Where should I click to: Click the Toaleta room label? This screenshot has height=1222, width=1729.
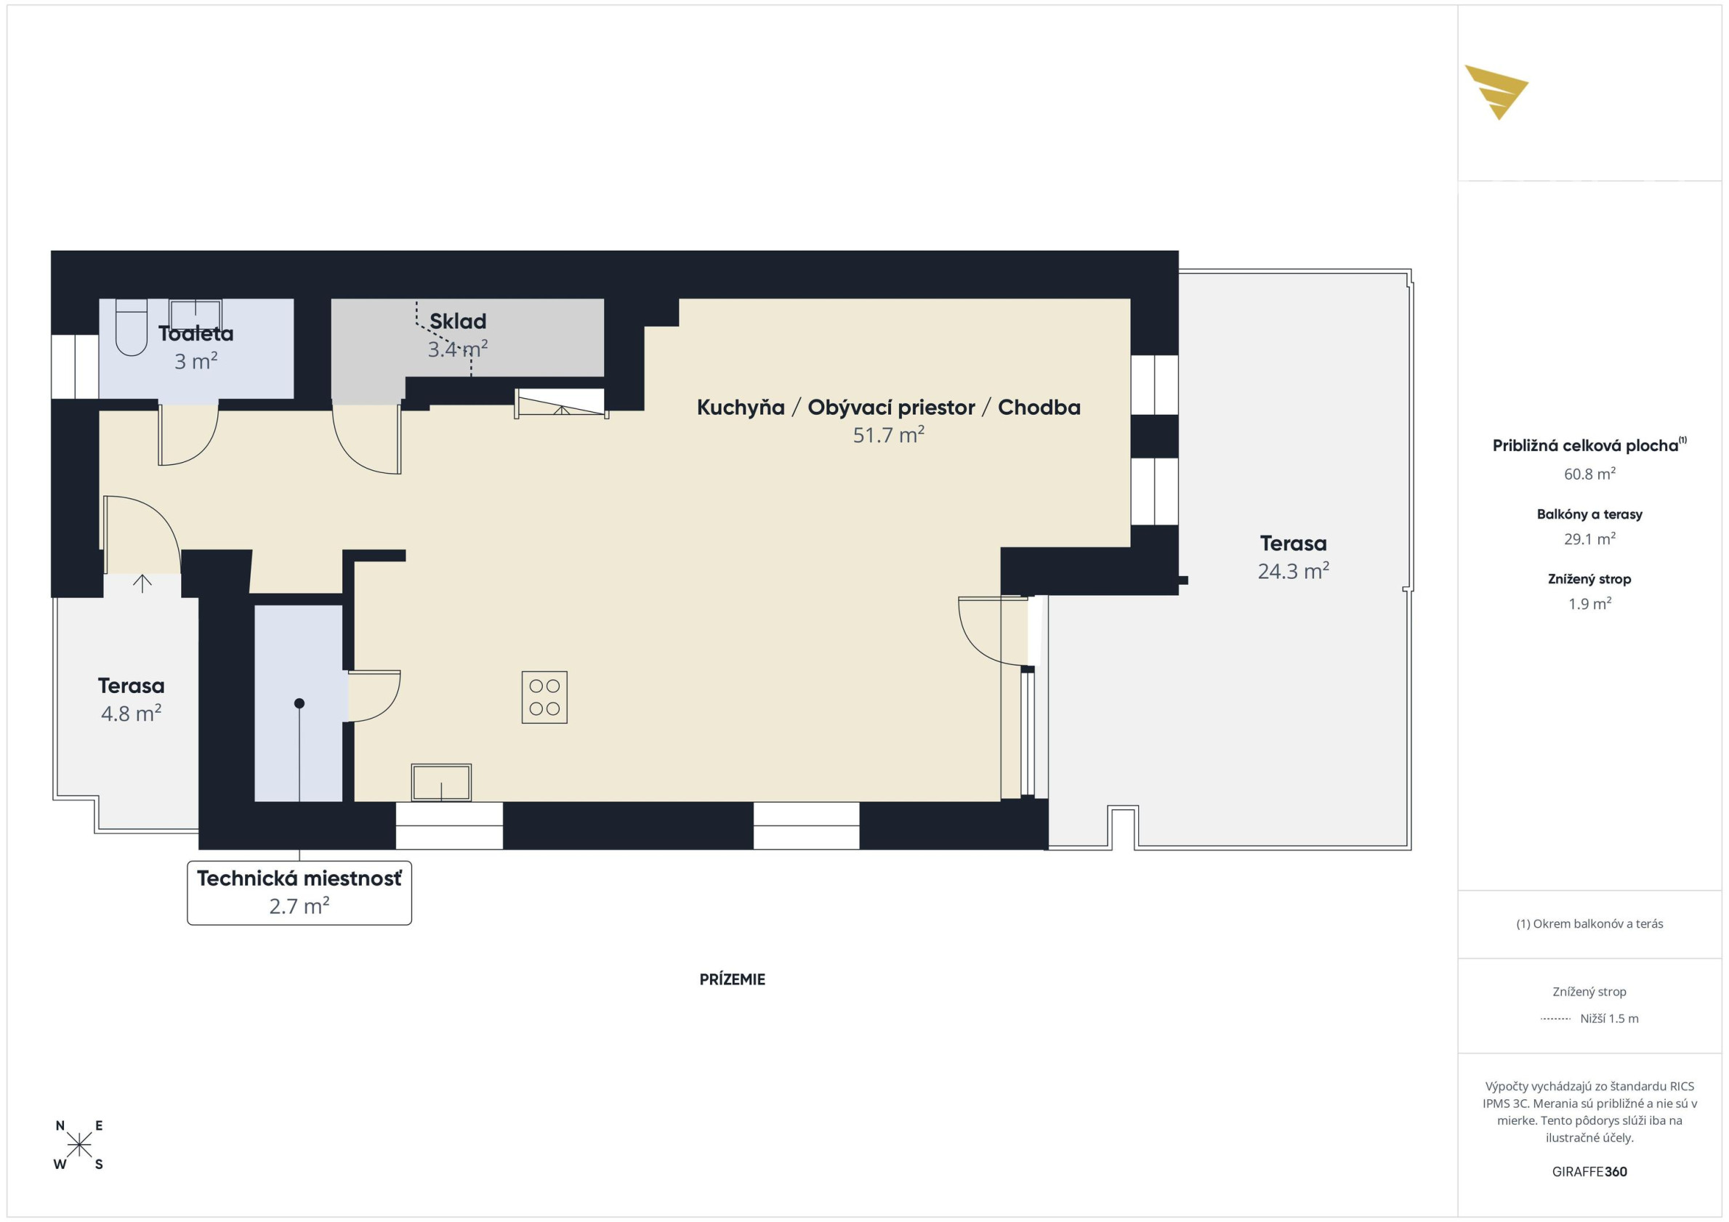click(x=196, y=333)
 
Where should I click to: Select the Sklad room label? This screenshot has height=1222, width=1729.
click(x=458, y=322)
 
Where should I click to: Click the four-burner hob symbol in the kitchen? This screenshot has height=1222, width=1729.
click(x=544, y=697)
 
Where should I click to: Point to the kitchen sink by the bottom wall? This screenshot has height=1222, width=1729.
click(x=441, y=782)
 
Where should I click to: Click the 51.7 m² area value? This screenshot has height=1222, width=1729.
click(x=889, y=434)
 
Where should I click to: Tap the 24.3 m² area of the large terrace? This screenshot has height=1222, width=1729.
click(x=1293, y=571)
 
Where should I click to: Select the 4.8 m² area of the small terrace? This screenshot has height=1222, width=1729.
click(x=131, y=713)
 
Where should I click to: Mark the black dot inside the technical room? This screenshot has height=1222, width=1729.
click(x=299, y=703)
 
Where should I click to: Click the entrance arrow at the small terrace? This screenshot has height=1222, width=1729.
click(x=142, y=583)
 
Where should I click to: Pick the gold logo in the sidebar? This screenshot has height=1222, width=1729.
click(x=1496, y=92)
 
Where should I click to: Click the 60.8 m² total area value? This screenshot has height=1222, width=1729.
click(x=1589, y=474)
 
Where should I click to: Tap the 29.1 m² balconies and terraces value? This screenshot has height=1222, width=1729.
click(x=1589, y=538)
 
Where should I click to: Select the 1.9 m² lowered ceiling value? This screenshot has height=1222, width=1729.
click(x=1589, y=603)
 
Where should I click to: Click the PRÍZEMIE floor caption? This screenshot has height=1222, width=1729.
click(x=732, y=979)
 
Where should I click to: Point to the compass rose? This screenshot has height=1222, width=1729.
click(x=79, y=1145)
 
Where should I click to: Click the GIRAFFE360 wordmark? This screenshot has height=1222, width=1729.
click(x=1589, y=1172)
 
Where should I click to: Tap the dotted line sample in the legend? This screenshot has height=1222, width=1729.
click(x=1556, y=1019)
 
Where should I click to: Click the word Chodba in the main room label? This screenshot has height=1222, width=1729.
click(x=1039, y=408)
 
